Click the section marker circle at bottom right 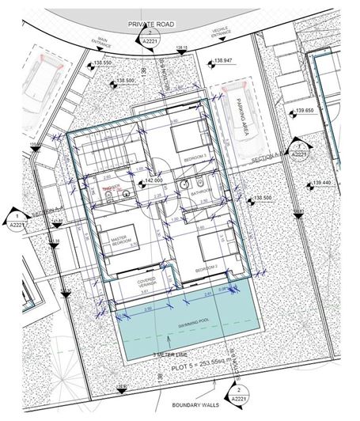(235, 393)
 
